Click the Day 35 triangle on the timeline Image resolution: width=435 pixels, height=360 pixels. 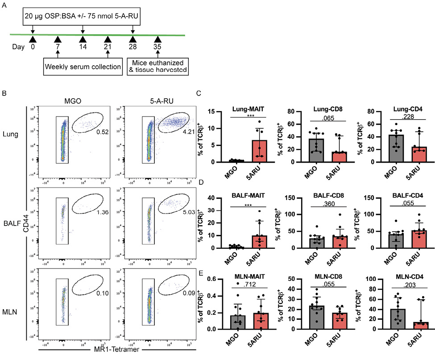157,40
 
